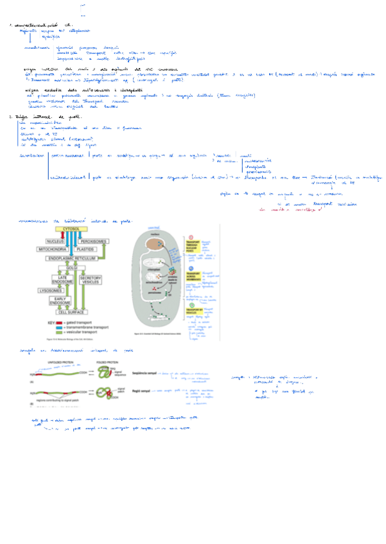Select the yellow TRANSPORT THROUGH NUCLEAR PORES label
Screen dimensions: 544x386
(x=191, y=246)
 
